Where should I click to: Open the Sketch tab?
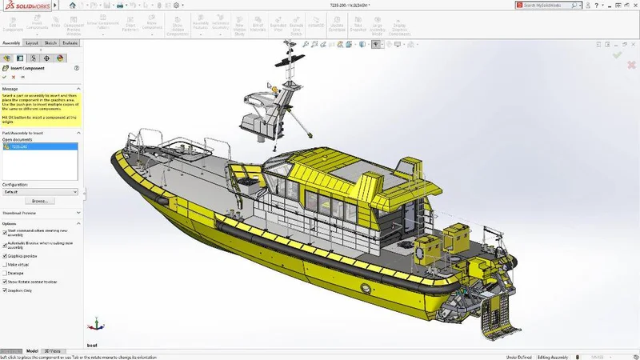pos(50,42)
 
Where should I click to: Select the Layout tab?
pos(32,42)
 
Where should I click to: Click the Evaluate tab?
pos(70,42)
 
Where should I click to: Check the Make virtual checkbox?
pos(6,264)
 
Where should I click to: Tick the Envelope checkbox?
pos(6,273)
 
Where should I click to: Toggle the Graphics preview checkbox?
pos(6,255)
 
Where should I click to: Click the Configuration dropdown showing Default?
pos(41,192)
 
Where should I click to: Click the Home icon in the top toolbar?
pos(73,5)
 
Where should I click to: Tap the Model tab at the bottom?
pos(32,350)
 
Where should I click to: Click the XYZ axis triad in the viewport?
pos(97,324)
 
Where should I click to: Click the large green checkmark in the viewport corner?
pos(617,54)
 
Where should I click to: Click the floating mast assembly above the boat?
pos(277,100)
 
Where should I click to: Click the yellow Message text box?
pos(41,107)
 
